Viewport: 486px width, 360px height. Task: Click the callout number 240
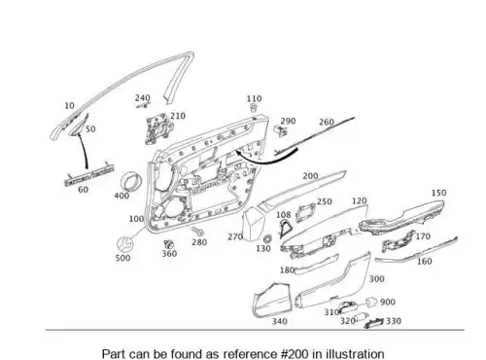tap(143, 97)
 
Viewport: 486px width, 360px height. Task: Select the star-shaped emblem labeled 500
tap(124, 244)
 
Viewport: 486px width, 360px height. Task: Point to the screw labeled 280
tap(197, 232)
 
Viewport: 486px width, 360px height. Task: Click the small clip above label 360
tap(168, 244)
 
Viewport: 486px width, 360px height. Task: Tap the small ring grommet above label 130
tap(267, 239)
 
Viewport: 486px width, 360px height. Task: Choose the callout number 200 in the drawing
tap(310, 176)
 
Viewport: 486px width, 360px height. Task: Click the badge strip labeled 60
tap(89, 174)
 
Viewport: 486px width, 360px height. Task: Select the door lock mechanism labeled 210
tap(157, 128)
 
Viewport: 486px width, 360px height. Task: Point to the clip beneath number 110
tap(254, 108)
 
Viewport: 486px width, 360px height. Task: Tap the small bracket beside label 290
tap(280, 130)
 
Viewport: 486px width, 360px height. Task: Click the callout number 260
tap(327, 122)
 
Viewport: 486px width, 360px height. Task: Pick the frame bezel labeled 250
tap(304, 213)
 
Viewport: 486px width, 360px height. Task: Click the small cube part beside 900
tap(371, 303)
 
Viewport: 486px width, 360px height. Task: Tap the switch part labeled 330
tap(374, 323)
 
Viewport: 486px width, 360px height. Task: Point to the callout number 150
tap(438, 193)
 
